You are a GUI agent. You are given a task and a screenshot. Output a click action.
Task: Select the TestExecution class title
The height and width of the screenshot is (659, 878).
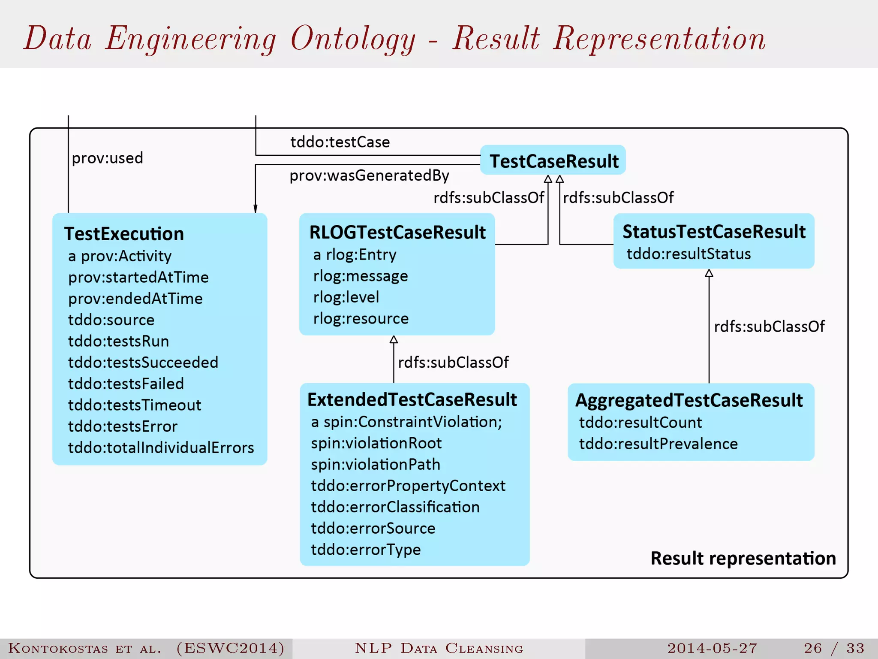[124, 234]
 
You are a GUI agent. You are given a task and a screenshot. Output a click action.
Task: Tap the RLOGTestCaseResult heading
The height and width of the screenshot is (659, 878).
[397, 232]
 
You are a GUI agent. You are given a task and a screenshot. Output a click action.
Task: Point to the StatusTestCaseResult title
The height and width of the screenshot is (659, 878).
[714, 232]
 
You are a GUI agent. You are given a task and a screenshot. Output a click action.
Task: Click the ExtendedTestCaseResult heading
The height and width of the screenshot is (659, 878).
[412, 399]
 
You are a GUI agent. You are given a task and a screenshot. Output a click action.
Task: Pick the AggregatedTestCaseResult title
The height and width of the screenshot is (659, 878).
[689, 400]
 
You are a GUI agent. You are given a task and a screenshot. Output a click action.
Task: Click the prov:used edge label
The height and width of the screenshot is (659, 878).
[107, 158]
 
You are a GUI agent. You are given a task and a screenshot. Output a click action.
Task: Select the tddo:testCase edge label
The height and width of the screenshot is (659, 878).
[340, 142]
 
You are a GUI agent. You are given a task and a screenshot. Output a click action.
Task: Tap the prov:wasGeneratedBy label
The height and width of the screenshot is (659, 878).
[369, 175]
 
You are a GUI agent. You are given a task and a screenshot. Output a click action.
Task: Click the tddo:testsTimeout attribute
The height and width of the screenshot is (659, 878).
[135, 405]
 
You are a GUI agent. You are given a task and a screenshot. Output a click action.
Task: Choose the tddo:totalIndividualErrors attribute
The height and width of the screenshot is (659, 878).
[161, 447]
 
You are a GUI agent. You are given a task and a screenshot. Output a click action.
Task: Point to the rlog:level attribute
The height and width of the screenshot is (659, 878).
[346, 297]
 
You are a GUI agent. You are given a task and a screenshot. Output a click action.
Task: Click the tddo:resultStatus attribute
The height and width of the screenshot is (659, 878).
[689, 254]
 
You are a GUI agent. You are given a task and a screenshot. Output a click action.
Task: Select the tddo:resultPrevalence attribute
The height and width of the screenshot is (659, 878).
[658, 444]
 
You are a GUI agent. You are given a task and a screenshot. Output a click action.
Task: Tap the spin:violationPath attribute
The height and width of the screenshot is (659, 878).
[376, 464]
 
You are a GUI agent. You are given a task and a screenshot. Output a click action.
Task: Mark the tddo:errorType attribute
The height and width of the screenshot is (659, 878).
[366, 550]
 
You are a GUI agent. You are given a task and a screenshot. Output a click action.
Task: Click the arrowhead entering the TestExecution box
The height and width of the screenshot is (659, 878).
[256, 209]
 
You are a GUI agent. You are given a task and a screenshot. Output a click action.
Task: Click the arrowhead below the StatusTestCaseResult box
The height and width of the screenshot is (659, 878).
[709, 273]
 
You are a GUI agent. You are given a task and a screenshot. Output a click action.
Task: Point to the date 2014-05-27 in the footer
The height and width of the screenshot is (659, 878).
[712, 648]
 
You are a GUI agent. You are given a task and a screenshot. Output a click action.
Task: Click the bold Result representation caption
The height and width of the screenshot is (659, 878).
[743, 558]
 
